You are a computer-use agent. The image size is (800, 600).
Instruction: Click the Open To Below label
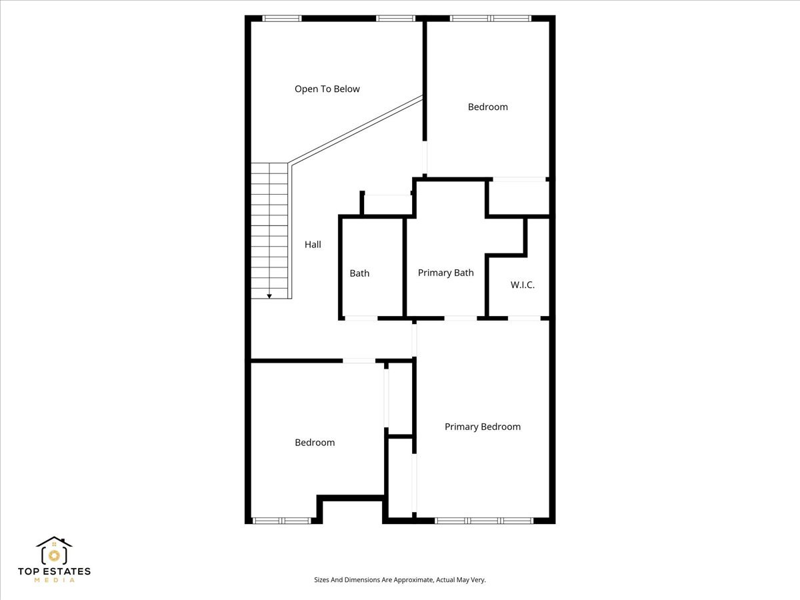pyautogui.click(x=327, y=89)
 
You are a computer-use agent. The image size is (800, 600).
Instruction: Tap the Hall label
pyautogui.click(x=313, y=245)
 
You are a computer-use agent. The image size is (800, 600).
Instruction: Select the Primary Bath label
pyautogui.click(x=445, y=273)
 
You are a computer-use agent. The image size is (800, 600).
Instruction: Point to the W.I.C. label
pyautogui.click(x=523, y=285)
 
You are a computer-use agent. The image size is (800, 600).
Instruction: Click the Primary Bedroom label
pyautogui.click(x=482, y=427)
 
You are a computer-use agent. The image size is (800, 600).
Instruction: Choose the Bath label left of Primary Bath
pyautogui.click(x=359, y=273)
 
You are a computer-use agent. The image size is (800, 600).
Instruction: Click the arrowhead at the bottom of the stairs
pyautogui.click(x=269, y=295)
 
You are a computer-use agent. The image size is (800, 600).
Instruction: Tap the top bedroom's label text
pyautogui.click(x=487, y=107)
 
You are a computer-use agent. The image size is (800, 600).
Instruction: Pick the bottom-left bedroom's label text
pyautogui.click(x=315, y=443)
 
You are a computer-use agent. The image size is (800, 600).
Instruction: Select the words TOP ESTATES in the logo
pyautogui.click(x=54, y=571)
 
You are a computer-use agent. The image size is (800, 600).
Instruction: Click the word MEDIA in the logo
pyautogui.click(x=54, y=581)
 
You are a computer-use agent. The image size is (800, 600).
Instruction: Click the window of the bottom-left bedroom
pyautogui.click(x=281, y=520)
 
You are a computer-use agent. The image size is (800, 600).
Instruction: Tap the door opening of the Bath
pyautogui.click(x=361, y=318)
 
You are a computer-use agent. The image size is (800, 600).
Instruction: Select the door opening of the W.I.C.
pyautogui.click(x=524, y=318)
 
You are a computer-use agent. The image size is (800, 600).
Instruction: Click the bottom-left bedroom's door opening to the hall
pyautogui.click(x=359, y=361)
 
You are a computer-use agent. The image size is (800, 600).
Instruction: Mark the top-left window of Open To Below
pyautogui.click(x=281, y=18)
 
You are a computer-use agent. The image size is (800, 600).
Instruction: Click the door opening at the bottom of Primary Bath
pyautogui.click(x=460, y=318)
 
